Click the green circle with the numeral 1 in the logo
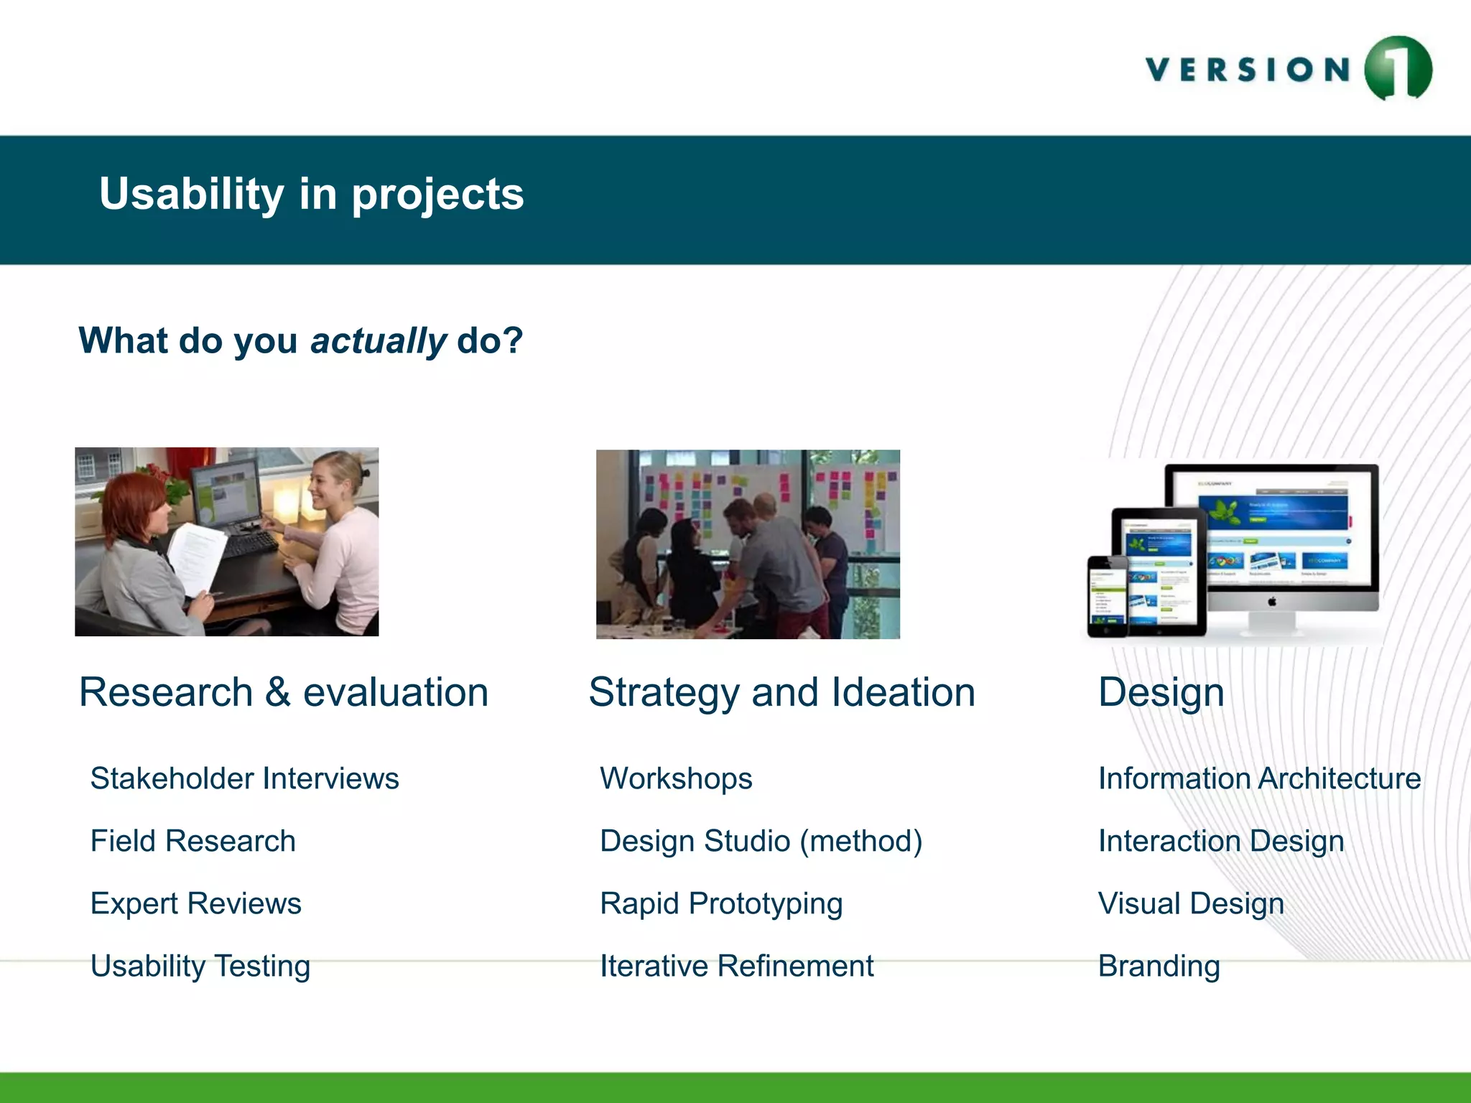(x=1397, y=68)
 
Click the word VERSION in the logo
(x=1248, y=70)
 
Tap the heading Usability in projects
(x=311, y=194)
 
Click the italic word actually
(x=378, y=340)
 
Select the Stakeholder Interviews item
(x=244, y=778)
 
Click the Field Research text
(x=192, y=841)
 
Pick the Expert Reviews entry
(x=195, y=903)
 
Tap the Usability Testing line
(x=200, y=966)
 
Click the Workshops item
(x=676, y=778)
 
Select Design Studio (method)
(x=761, y=841)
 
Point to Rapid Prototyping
(x=720, y=903)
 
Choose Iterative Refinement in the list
(x=736, y=966)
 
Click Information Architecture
(x=1259, y=778)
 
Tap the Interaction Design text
(x=1220, y=841)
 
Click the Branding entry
(x=1159, y=966)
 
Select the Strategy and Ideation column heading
(x=781, y=692)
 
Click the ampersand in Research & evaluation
(x=277, y=693)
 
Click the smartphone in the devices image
(x=1107, y=596)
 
